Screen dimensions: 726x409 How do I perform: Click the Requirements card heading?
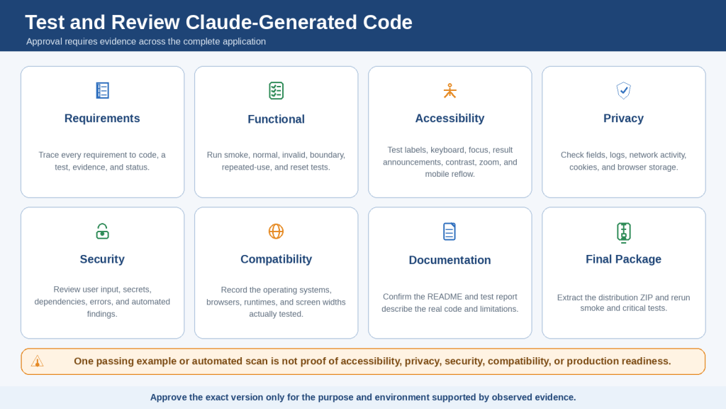(x=102, y=119)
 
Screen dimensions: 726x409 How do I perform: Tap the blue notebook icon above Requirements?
(x=102, y=90)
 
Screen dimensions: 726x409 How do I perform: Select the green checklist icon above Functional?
(x=276, y=90)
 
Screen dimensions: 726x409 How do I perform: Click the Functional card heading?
(x=276, y=119)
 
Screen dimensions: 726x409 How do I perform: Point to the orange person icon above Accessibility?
(x=449, y=90)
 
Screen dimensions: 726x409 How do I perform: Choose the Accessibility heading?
(x=449, y=119)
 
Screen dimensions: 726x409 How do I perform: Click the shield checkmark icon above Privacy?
(x=624, y=90)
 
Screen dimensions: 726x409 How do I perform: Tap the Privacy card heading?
(x=624, y=119)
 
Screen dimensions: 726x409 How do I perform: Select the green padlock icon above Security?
(x=102, y=231)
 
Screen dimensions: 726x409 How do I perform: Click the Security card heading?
(x=102, y=259)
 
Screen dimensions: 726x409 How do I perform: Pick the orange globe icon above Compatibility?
(x=276, y=231)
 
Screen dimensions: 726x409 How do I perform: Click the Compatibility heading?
(x=276, y=259)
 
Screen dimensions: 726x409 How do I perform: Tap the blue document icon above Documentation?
(x=449, y=231)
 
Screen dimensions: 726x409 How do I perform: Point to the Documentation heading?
(x=449, y=260)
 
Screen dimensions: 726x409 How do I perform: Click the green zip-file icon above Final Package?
(x=624, y=232)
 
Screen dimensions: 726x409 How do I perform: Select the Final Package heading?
(x=623, y=259)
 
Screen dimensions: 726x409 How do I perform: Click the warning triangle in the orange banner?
(x=37, y=361)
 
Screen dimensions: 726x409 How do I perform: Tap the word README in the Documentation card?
(x=445, y=297)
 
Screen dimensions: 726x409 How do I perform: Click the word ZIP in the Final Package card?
(x=646, y=298)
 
